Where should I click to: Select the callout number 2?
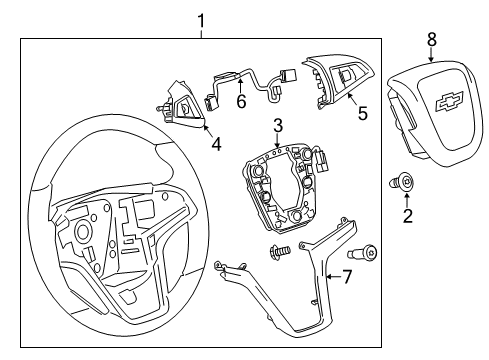[x=408, y=215]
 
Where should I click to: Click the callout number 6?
[x=240, y=100]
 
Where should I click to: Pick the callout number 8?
[x=432, y=40]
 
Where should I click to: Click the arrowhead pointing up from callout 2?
[x=407, y=197]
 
